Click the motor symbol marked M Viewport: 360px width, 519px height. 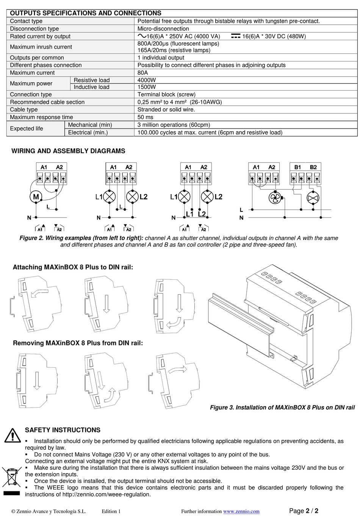[x=36, y=197]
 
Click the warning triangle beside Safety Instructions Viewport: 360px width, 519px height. [x=13, y=435]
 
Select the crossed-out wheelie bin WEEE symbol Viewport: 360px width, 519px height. [x=11, y=477]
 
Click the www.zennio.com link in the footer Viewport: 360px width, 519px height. [x=241, y=511]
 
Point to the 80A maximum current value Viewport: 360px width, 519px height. [x=143, y=73]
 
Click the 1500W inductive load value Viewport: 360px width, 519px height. [x=147, y=87]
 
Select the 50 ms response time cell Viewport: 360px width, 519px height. [x=146, y=117]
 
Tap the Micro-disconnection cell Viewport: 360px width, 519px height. [x=163, y=29]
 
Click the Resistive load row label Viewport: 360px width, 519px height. [x=92, y=80]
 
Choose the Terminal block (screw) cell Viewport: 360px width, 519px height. [x=166, y=94]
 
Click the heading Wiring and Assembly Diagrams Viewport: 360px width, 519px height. [x=68, y=151]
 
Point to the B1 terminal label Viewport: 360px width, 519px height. [x=297, y=167]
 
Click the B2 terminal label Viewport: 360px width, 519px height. [x=313, y=167]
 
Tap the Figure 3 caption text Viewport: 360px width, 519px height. [x=282, y=408]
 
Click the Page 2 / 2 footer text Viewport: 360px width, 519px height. [x=304, y=511]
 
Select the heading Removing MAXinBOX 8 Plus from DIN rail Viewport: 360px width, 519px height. [x=78, y=343]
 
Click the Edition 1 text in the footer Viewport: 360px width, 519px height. [x=111, y=511]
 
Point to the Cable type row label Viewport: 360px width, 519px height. [x=24, y=110]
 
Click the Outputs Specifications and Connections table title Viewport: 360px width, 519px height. [x=86, y=13]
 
